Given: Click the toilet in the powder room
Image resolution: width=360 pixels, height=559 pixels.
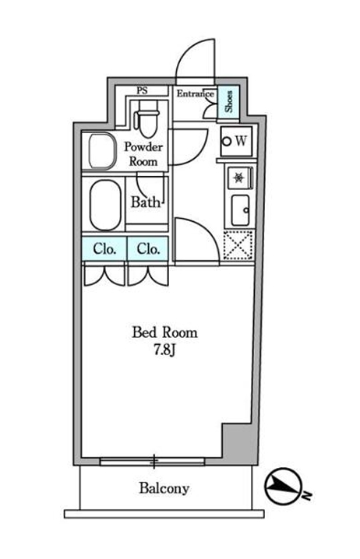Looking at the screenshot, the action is (x=146, y=119).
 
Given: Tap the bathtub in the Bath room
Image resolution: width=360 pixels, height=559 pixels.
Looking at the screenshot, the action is (x=105, y=205).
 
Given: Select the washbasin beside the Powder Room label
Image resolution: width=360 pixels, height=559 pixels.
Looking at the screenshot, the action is (x=102, y=150).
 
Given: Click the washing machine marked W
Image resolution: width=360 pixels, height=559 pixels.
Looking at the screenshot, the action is (x=236, y=141).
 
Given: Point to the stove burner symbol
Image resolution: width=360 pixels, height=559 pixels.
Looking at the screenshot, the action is (x=238, y=178).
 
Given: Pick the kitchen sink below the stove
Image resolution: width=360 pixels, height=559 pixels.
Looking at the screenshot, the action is (x=240, y=210).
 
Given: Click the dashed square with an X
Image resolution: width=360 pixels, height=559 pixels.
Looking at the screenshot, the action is (x=238, y=245).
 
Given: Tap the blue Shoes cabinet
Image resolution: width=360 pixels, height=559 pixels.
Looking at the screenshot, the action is (x=228, y=102).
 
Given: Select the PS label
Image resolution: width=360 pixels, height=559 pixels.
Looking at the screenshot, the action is (x=142, y=90).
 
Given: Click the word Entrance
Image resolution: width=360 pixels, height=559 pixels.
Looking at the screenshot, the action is (x=195, y=93).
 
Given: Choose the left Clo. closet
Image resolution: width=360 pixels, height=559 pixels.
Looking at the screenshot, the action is (x=104, y=248).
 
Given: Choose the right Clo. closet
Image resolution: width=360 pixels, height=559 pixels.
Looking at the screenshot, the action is (x=148, y=248).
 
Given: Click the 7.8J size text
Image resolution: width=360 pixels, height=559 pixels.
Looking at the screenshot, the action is (x=164, y=350).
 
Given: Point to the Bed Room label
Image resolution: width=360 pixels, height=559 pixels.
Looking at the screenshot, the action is (x=164, y=332).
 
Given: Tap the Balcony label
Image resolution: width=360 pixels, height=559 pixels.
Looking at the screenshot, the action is (x=164, y=488).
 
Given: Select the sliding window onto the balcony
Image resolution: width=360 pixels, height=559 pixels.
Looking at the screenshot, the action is (x=153, y=462).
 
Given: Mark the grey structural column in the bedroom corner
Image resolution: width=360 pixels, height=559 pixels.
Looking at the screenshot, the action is (x=238, y=441).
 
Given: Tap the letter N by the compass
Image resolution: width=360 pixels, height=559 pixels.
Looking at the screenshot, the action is (x=306, y=495).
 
